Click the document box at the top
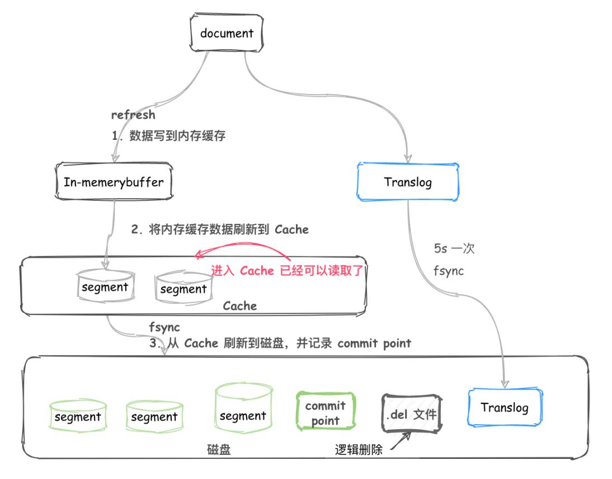pyautogui.click(x=227, y=34)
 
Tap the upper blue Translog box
pyautogui.click(x=408, y=182)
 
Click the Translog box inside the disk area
pyautogui.click(x=504, y=407)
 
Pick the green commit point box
pyautogui.click(x=325, y=413)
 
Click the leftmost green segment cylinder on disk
pyautogui.click(x=77, y=416)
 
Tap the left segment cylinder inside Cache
pyautogui.click(x=105, y=287)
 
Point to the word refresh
pyautogui.click(x=133, y=115)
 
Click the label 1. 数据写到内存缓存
pyautogui.click(x=168, y=135)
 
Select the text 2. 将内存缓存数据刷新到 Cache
pyautogui.click(x=220, y=229)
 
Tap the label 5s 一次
pyautogui.click(x=454, y=249)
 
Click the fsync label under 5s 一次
pyautogui.click(x=449, y=271)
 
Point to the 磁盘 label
pyautogui.click(x=219, y=449)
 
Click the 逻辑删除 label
pyautogui.click(x=359, y=449)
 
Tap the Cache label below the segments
pyautogui.click(x=239, y=306)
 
